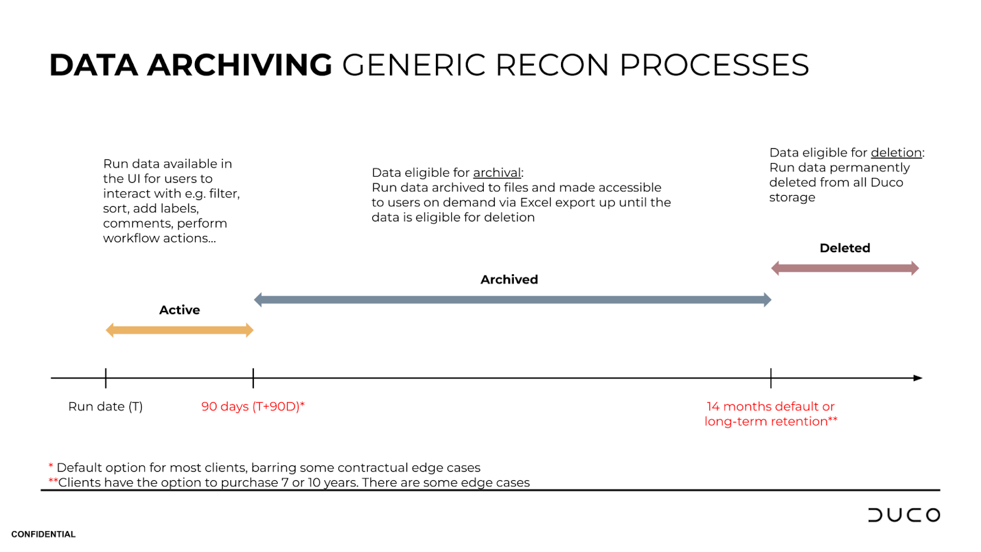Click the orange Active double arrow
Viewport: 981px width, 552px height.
point(180,330)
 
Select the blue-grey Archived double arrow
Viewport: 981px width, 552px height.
point(513,300)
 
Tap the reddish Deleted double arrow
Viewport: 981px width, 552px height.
point(845,268)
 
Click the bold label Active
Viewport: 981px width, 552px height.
point(180,310)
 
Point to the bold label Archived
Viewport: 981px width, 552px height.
point(509,280)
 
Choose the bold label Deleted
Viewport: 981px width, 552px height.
point(845,248)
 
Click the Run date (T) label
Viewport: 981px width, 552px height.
point(105,407)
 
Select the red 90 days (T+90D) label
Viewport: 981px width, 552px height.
point(253,407)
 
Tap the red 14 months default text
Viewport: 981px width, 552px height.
point(771,407)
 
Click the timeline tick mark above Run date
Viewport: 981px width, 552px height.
point(105,378)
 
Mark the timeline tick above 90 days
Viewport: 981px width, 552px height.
point(253,378)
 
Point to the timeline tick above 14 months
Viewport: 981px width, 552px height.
point(771,378)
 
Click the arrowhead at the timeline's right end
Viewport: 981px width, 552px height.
point(918,378)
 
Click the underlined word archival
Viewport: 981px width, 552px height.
point(497,173)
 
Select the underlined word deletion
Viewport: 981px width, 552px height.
point(896,153)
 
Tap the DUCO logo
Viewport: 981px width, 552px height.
point(904,515)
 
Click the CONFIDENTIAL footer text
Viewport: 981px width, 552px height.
point(44,534)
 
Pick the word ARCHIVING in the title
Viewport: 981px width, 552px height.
point(240,65)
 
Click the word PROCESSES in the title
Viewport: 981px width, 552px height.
point(714,65)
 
